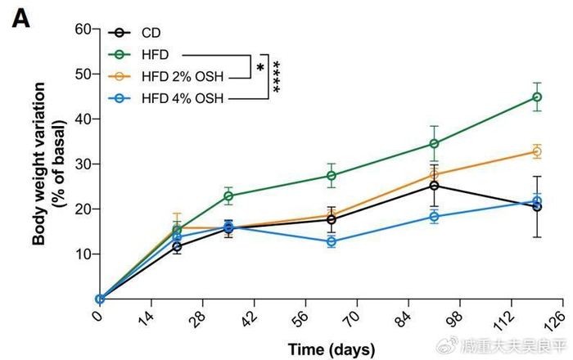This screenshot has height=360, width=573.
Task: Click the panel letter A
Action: (20, 17)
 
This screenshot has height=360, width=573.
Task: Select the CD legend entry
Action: (149, 33)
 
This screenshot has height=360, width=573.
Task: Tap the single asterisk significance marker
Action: (260, 68)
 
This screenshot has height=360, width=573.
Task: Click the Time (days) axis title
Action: (330, 349)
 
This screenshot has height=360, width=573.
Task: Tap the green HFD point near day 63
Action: (332, 175)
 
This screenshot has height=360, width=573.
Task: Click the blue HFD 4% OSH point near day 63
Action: (332, 241)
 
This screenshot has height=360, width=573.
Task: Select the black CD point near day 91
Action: (435, 186)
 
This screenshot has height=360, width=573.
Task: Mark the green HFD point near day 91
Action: (435, 143)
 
